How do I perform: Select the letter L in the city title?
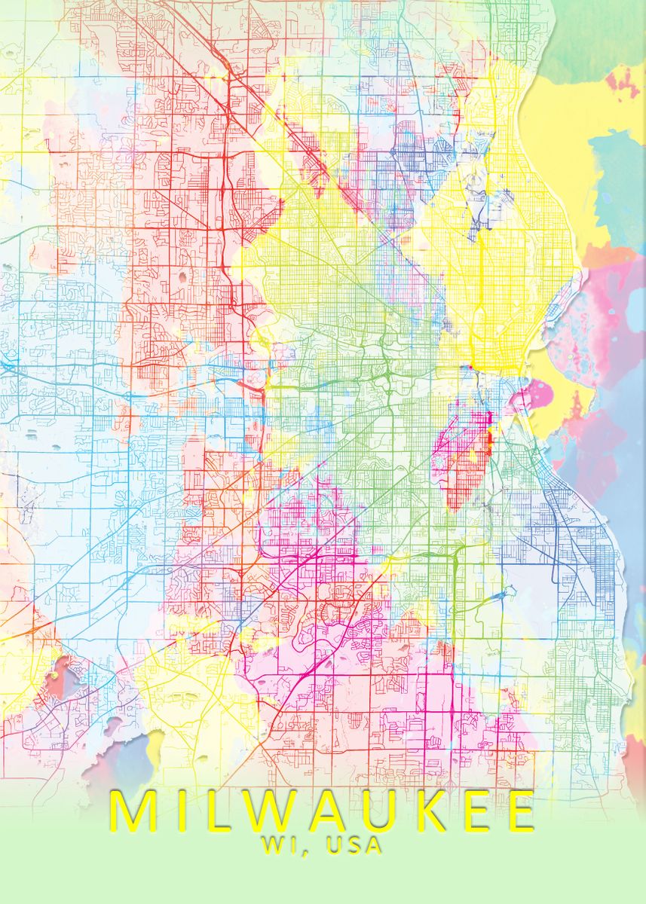206,810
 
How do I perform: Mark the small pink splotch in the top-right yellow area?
622,83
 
